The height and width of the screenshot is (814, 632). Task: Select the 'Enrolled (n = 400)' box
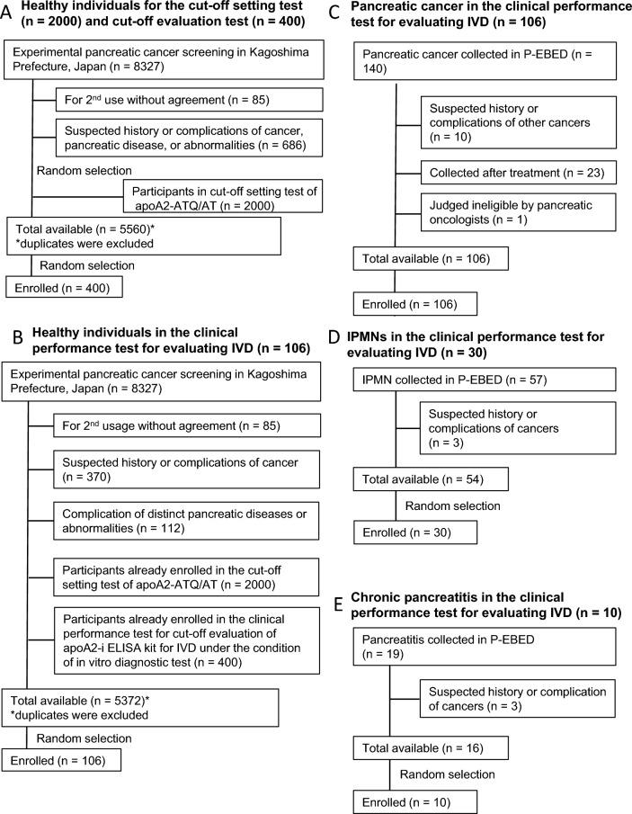[64, 288]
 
